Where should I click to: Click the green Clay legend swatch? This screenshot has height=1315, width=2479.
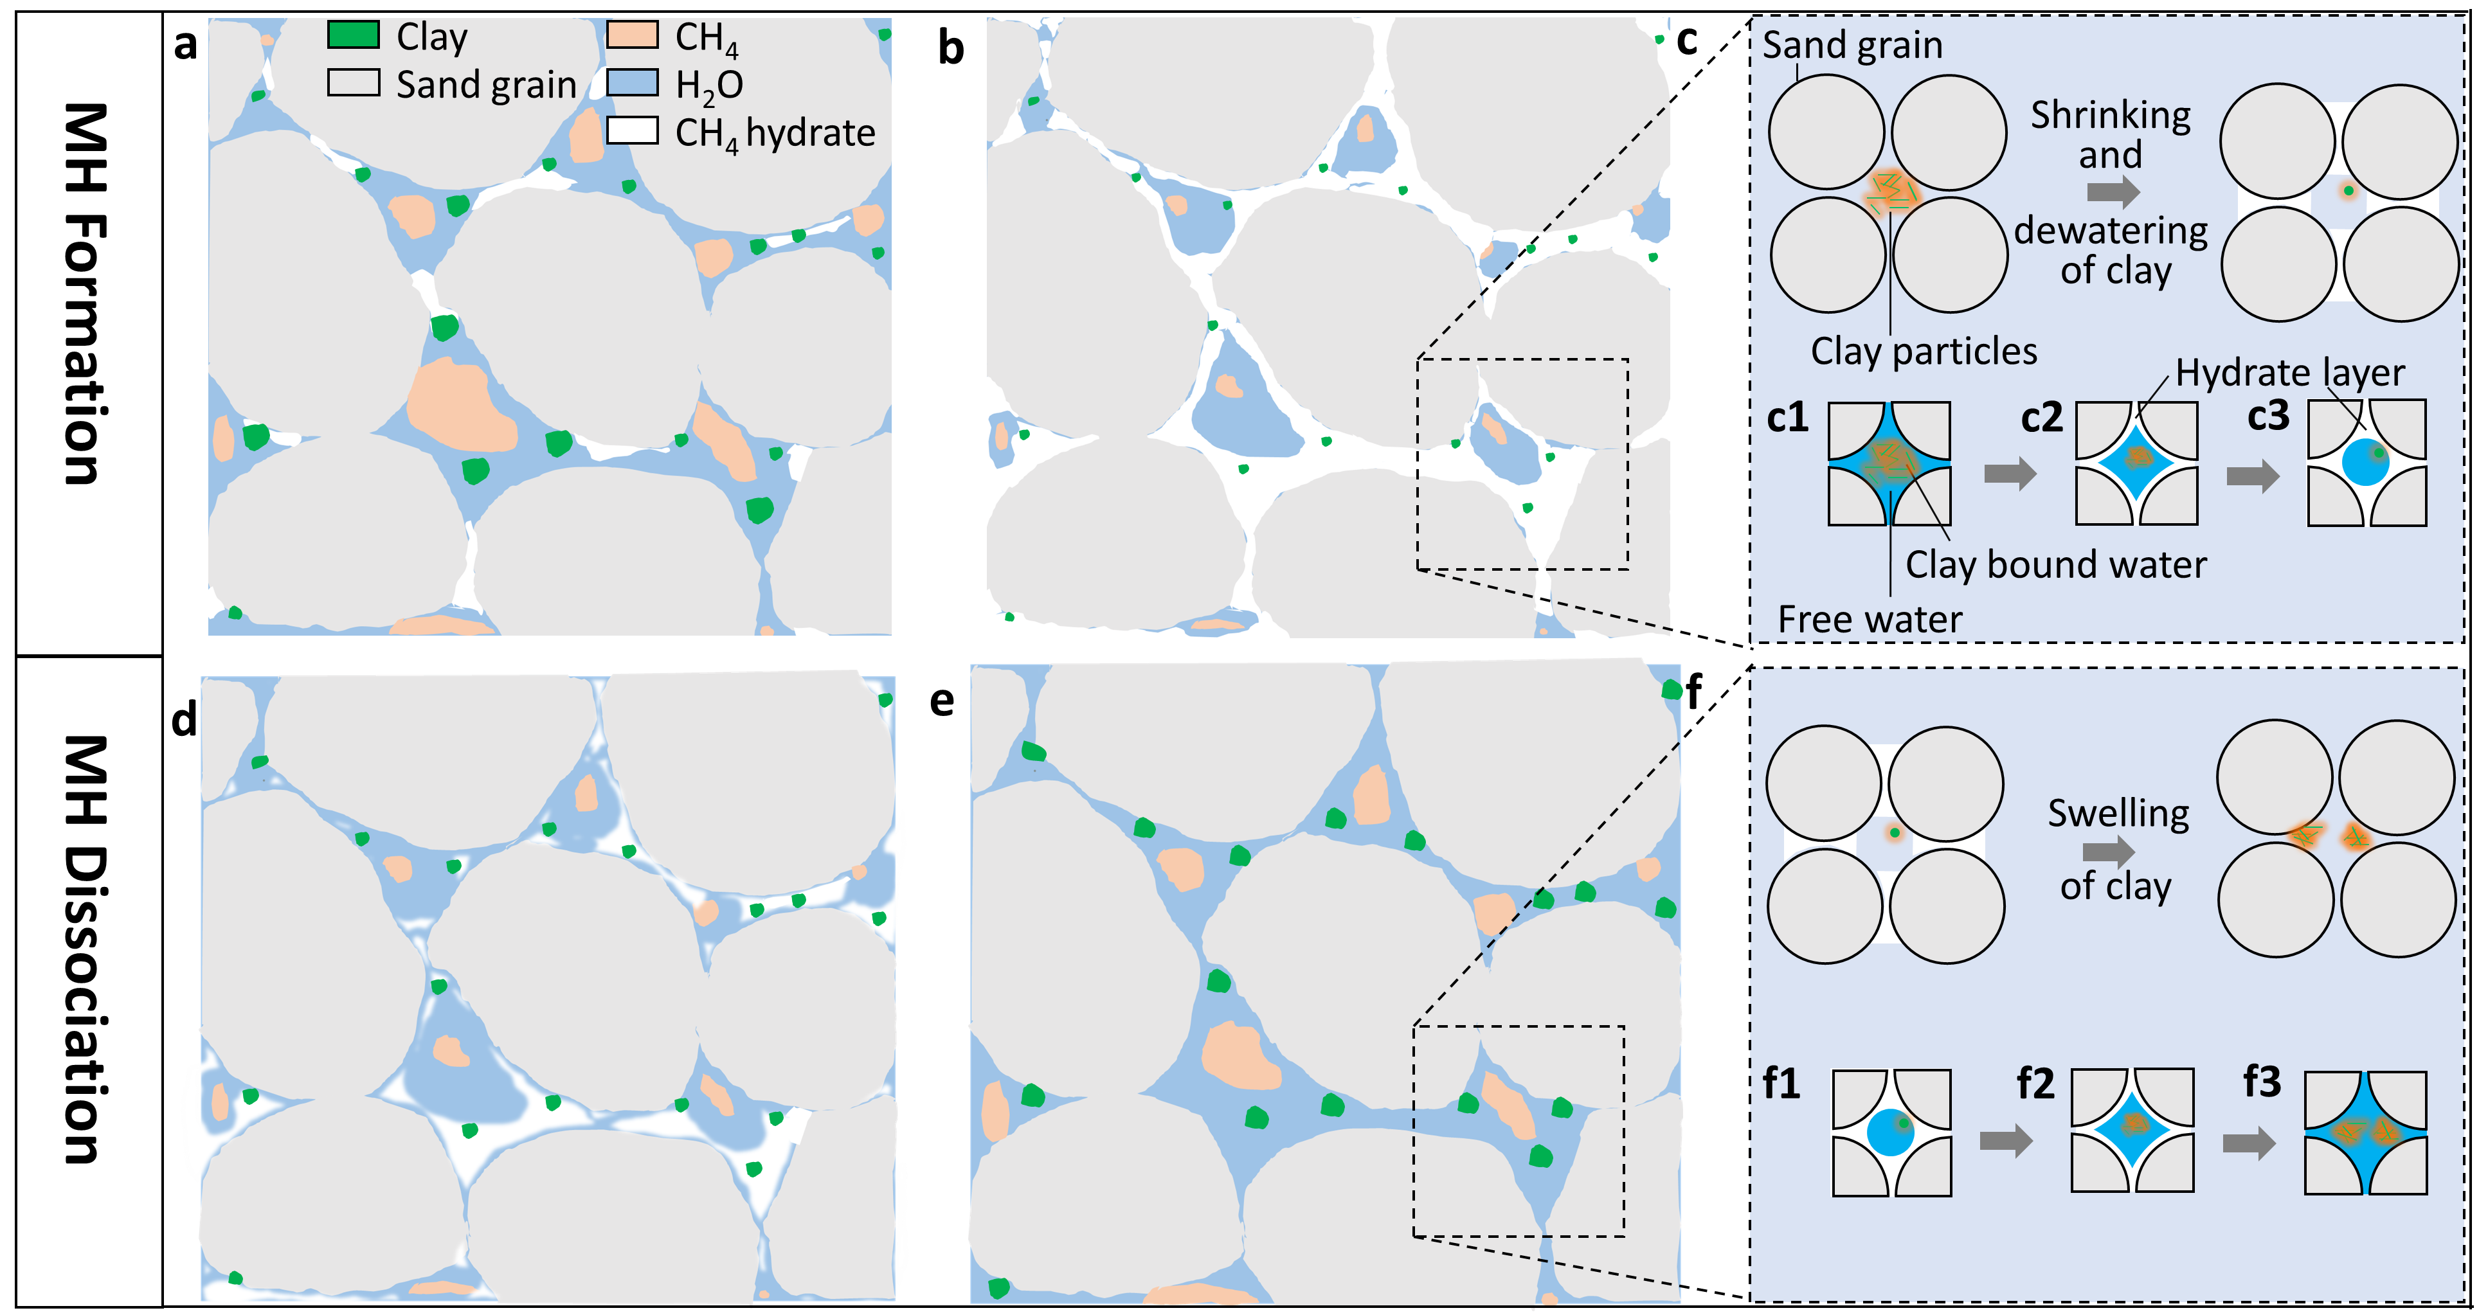[x=353, y=35]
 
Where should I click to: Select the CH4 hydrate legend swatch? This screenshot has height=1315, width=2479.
[x=632, y=131]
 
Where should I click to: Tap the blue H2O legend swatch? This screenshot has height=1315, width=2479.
[x=632, y=84]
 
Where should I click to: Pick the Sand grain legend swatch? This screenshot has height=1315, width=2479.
[x=353, y=84]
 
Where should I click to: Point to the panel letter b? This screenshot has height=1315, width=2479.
[x=951, y=48]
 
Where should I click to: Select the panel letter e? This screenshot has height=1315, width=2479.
[x=942, y=701]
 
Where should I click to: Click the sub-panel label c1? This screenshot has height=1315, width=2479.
[x=1787, y=418]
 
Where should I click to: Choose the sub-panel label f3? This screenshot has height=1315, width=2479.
[x=2262, y=1082]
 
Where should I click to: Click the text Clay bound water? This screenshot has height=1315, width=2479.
[x=2055, y=565]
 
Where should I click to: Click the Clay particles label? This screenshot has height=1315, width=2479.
[x=1924, y=351]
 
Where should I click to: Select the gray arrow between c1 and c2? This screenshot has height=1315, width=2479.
[x=2010, y=472]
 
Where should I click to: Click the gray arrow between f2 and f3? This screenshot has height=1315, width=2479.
[x=2249, y=1143]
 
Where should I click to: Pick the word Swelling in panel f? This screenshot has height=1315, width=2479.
[x=2118, y=814]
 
